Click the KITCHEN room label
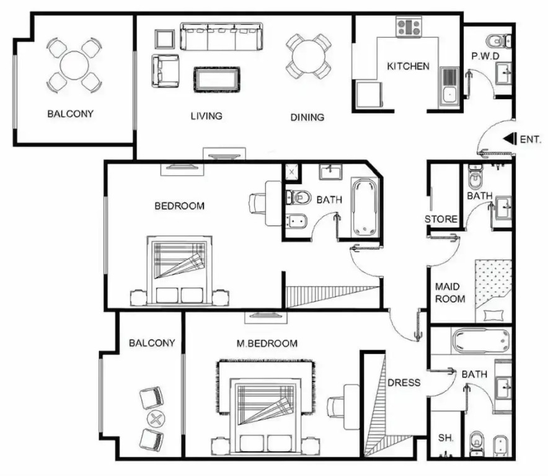(408, 66)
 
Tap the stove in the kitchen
(409, 27)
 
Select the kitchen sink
(449, 86)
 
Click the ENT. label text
(530, 139)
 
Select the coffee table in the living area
(217, 80)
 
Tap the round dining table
(308, 56)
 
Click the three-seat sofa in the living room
(221, 37)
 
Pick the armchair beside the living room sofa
(166, 71)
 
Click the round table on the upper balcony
(74, 65)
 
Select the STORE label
(441, 219)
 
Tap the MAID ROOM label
(450, 293)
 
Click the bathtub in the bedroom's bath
(365, 208)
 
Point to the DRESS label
(404, 382)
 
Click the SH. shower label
(446, 438)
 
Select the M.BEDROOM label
(267, 343)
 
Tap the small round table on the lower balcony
(156, 418)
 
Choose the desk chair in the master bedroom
(336, 407)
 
